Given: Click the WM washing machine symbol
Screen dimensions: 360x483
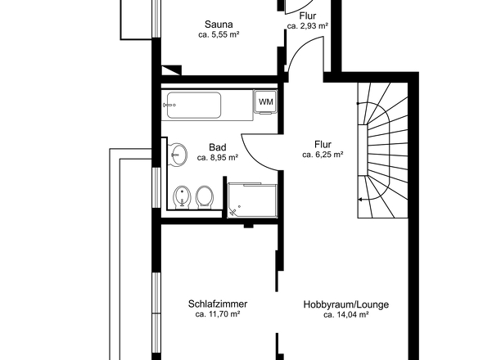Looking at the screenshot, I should coord(265,101).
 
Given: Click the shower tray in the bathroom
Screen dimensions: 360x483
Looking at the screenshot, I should coord(253,200).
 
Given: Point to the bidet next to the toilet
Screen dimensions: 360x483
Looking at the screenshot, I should coord(183,196).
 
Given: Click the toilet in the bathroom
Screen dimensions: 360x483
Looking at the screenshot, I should coord(205,196).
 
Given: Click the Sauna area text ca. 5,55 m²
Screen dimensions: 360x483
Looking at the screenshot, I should coord(218,36).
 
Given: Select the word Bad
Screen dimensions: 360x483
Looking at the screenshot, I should coord(217,147).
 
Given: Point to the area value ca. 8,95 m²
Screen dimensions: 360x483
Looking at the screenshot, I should coord(217,158).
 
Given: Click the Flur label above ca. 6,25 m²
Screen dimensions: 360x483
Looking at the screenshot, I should coord(322,143).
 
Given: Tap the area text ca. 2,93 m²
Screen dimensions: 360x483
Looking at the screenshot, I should coord(308,26).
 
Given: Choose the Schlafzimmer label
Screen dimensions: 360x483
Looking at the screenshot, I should coord(217,304).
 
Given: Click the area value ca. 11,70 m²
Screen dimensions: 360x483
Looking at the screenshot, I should coord(217,315).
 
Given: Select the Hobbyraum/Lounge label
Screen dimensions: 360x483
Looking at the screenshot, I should coord(345,304).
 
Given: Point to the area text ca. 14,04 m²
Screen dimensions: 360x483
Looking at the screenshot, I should coord(345,315).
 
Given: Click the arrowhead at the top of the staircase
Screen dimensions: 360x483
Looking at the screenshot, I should coord(359,103).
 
